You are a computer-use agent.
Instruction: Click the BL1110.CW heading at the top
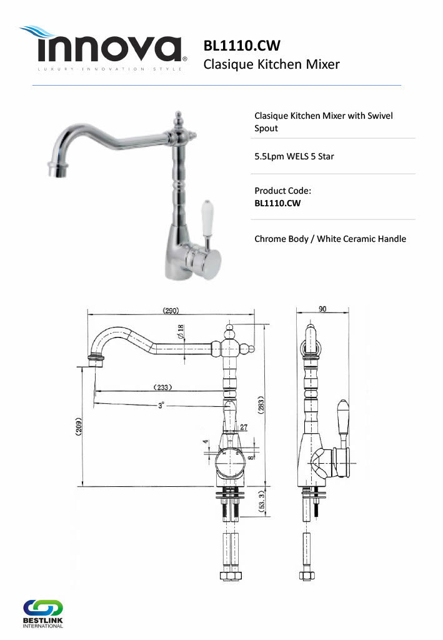point(242,45)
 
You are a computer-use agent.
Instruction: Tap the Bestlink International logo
point(43,614)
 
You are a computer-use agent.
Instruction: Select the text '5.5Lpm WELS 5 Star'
point(294,156)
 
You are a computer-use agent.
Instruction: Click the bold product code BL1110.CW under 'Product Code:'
point(277,203)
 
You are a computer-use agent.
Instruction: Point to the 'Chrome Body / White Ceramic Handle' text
point(330,239)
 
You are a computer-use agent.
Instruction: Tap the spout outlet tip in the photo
point(57,169)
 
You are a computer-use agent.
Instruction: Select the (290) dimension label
point(171,311)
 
